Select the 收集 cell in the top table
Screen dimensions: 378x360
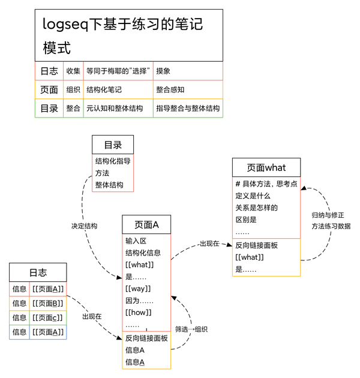click(73, 71)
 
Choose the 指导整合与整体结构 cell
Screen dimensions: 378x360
click(188, 109)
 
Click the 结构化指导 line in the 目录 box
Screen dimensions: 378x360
click(113, 161)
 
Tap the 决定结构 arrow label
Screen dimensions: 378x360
click(84, 226)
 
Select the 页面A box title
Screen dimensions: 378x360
click(146, 225)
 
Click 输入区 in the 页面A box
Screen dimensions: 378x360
click(136, 241)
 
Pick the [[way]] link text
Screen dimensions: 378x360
click(138, 289)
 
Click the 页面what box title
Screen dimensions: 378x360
click(266, 167)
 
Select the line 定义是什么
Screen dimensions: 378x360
click(253, 196)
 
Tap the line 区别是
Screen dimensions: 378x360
click(246, 220)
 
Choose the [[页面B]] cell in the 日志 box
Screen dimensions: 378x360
click(48, 303)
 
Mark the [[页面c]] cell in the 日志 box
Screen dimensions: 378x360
click(48, 317)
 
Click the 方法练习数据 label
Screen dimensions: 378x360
click(331, 226)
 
